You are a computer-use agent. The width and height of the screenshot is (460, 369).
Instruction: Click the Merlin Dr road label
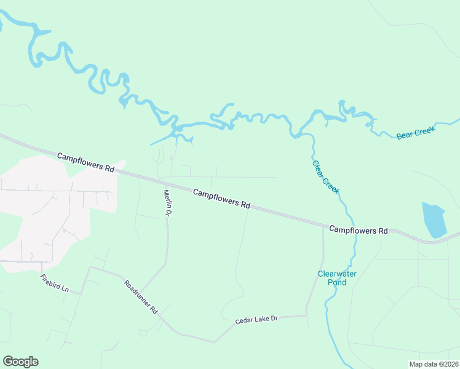[166, 202]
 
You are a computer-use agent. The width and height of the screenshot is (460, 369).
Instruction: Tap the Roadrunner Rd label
[141, 298]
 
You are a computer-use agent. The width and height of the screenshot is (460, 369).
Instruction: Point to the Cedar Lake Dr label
[256, 320]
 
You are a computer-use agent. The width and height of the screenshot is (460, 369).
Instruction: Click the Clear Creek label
[325, 178]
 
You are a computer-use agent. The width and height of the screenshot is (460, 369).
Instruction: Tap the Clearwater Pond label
[337, 278]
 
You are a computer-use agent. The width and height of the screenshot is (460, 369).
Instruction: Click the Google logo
[20, 362]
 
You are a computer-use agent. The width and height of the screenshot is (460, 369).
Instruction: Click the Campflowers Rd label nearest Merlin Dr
[221, 199]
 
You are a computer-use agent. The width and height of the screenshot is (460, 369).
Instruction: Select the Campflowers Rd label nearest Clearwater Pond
[359, 230]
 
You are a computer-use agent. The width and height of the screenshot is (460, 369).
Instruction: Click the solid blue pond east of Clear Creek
[434, 220]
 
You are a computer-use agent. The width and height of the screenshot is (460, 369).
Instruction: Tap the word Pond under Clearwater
[337, 282]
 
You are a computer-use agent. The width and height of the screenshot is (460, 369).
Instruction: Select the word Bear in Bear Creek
[404, 135]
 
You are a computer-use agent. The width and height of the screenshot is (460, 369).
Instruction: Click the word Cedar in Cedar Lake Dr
[244, 322]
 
